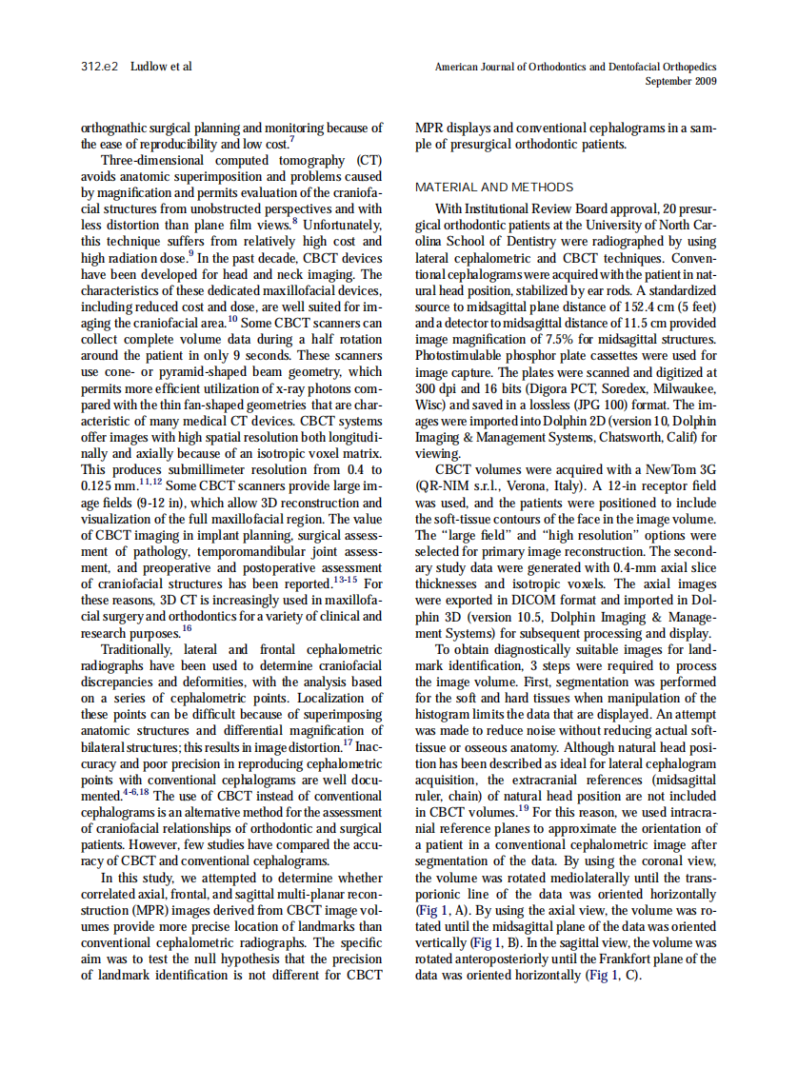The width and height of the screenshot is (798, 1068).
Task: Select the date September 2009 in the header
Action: coord(681,81)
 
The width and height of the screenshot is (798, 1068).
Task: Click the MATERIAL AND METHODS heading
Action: coord(494,187)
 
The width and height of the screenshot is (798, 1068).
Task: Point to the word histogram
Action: coord(445,714)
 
